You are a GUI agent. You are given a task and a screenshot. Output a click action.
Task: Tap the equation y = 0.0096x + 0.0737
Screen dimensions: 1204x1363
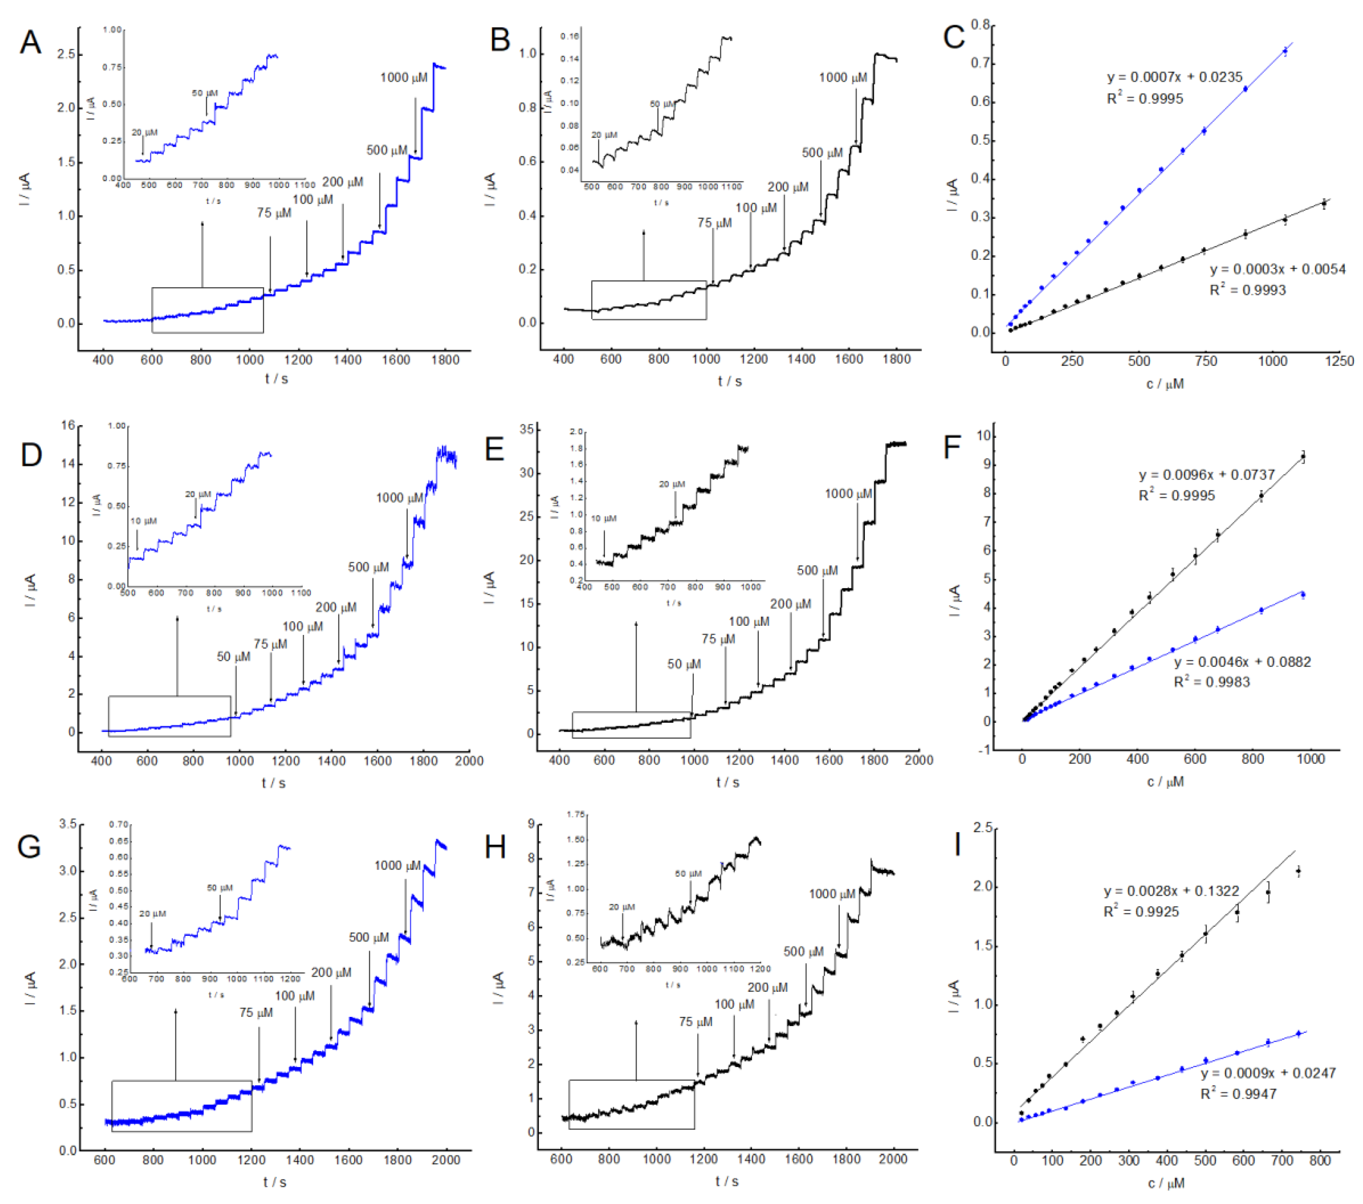pos(1206,475)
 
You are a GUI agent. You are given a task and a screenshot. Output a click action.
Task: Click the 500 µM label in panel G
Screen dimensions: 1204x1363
pos(368,937)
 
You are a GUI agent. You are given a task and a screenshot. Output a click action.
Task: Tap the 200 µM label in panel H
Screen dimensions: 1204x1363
pos(767,987)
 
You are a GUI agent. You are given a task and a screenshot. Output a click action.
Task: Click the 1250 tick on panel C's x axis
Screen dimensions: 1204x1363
pos(1339,361)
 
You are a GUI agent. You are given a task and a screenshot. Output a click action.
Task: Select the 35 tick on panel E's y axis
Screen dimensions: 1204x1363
pos(526,429)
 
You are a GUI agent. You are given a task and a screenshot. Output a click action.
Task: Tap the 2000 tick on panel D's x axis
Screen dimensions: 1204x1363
pos(469,761)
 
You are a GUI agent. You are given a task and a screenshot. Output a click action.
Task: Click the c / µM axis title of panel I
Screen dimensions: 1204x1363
pos(1166,1183)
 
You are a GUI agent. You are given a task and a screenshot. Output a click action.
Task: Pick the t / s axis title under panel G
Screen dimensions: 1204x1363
pos(274,1182)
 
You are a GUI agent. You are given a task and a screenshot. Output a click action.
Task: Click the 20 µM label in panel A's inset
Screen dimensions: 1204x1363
pos(144,133)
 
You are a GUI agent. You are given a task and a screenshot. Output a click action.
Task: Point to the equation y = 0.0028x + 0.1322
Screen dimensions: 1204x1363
pos(1171,891)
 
